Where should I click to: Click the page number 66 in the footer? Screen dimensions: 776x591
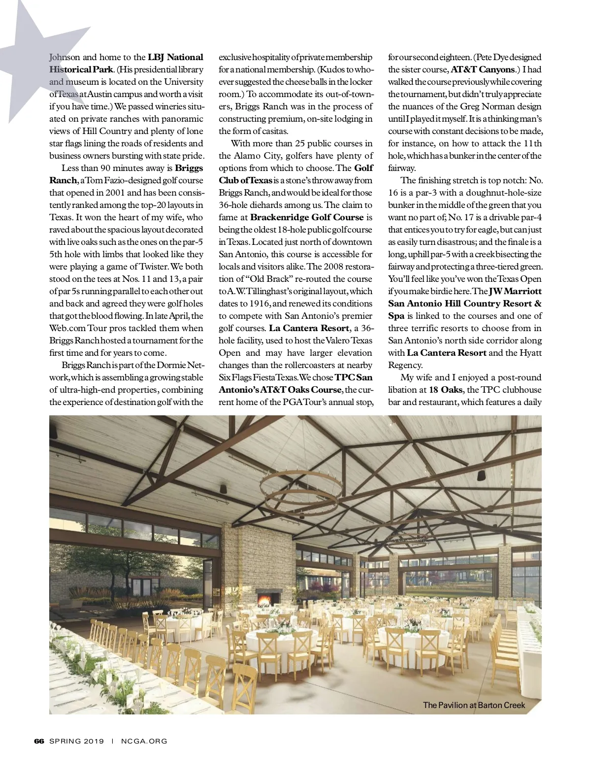pyautogui.click(x=39, y=741)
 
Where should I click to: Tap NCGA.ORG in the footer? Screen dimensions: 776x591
pyautogui.click(x=144, y=741)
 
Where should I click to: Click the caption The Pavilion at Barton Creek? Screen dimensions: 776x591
pyautogui.click(x=474, y=705)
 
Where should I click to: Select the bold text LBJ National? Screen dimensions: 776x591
pyautogui.click(x=175, y=57)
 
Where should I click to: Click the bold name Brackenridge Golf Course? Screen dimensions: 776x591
pyautogui.click(x=307, y=217)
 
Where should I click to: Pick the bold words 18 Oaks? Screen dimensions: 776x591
pyautogui.click(x=446, y=390)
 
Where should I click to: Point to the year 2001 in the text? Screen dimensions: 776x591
pyautogui.click(x=115, y=193)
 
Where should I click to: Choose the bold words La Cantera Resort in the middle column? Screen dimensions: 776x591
pyautogui.click(x=309, y=328)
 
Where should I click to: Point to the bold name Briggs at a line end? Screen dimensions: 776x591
pyautogui.click(x=189, y=168)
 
